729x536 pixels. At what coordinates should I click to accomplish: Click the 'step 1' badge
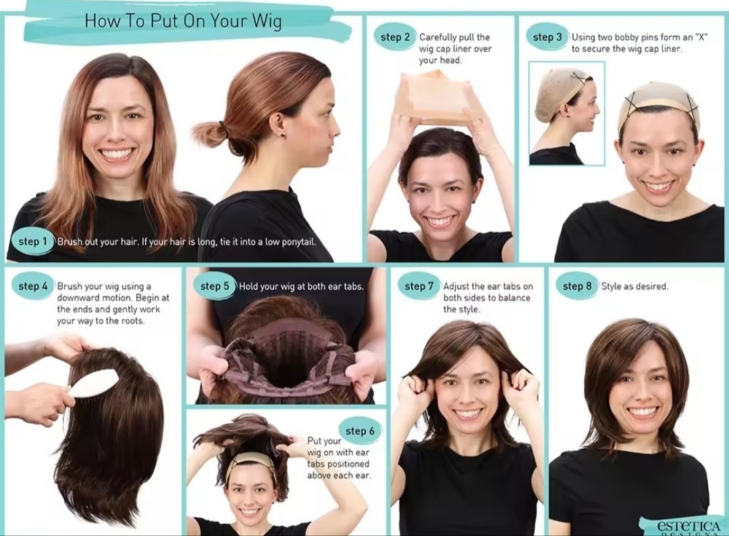tap(32, 241)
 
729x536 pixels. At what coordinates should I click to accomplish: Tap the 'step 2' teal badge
tap(395, 37)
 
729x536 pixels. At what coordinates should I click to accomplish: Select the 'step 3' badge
tap(547, 37)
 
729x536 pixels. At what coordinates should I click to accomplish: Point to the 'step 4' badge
tap(32, 286)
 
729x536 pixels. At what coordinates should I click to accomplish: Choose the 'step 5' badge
tap(215, 286)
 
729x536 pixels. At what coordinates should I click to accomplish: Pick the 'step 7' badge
tap(419, 286)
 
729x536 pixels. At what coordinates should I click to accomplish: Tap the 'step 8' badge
tap(577, 286)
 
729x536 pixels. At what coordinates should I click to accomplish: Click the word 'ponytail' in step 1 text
tap(298, 242)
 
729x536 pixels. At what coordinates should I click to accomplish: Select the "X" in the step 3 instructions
tap(699, 36)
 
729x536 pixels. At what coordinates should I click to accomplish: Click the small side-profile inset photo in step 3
tap(567, 113)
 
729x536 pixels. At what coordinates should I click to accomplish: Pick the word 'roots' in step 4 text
tap(132, 321)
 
